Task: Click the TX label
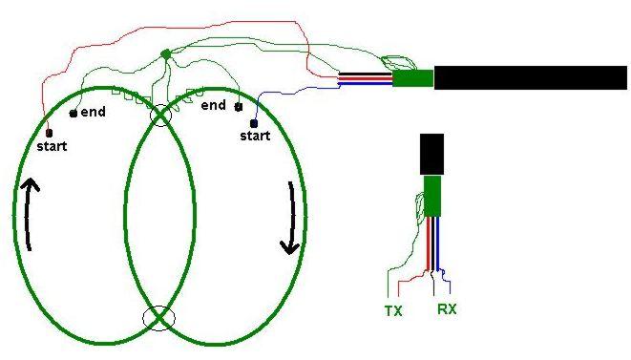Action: [393, 311]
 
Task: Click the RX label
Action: [447, 309]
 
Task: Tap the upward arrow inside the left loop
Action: [28, 215]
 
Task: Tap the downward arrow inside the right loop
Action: [291, 219]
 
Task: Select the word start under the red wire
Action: [52, 146]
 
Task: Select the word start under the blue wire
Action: [255, 136]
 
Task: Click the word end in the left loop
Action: [93, 112]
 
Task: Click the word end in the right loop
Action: [213, 105]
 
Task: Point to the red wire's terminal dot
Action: [49, 133]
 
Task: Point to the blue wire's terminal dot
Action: [254, 123]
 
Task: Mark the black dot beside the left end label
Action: [74, 114]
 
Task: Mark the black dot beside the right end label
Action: [239, 107]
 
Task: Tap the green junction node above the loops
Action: [166, 53]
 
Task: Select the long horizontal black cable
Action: [531, 77]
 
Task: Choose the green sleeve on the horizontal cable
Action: [413, 78]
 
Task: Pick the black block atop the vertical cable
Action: [431, 155]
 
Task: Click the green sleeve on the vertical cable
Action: [432, 197]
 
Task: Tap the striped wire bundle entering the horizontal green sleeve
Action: [366, 78]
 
